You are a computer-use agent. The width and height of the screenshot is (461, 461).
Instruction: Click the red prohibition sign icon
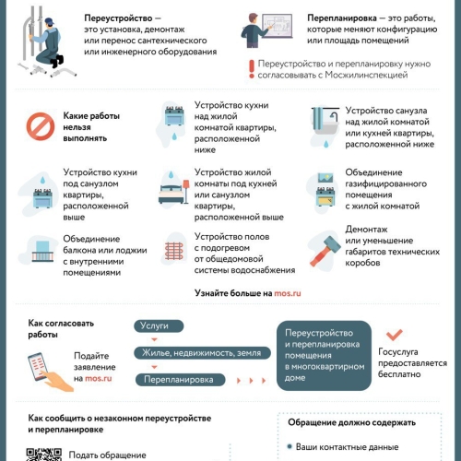click(x=41, y=126)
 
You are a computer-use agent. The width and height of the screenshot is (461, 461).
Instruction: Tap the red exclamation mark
click(x=252, y=69)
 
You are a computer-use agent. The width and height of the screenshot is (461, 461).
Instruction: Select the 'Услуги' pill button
click(x=159, y=326)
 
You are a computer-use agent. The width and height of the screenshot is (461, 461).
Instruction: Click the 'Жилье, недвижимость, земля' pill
click(x=202, y=353)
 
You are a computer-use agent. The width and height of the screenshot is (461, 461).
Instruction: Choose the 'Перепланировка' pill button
click(x=180, y=380)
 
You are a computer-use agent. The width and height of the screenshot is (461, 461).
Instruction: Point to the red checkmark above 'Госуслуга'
click(x=395, y=335)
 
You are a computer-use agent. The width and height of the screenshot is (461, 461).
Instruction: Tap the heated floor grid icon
click(x=174, y=251)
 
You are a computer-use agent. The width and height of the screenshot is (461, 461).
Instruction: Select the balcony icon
click(x=42, y=252)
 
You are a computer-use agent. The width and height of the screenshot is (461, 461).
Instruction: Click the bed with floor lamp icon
click(x=173, y=192)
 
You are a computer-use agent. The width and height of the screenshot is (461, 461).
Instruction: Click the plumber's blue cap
click(x=50, y=21)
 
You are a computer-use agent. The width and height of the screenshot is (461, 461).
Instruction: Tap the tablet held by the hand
click(x=38, y=367)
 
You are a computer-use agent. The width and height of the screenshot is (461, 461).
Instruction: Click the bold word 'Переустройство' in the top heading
click(x=118, y=18)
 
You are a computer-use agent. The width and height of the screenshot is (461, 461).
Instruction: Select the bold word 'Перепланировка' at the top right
click(x=342, y=18)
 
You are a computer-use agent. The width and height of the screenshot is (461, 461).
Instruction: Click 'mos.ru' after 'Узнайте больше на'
click(x=288, y=293)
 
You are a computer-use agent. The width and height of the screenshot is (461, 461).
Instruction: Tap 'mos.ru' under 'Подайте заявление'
click(x=99, y=378)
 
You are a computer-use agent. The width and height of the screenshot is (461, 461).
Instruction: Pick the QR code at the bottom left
click(x=43, y=455)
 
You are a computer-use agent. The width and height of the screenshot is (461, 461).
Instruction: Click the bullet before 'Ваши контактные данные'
click(x=290, y=446)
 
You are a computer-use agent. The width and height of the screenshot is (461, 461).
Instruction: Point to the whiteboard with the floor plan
click(x=277, y=26)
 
